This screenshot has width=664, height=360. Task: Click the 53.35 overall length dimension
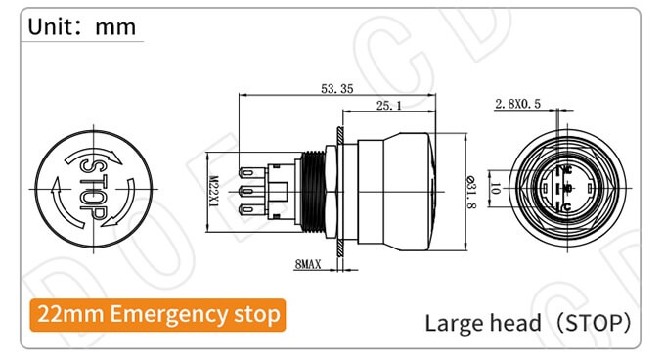coord(335,89)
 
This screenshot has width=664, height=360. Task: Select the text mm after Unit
coord(115,26)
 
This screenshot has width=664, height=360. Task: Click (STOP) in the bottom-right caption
coord(590,322)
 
